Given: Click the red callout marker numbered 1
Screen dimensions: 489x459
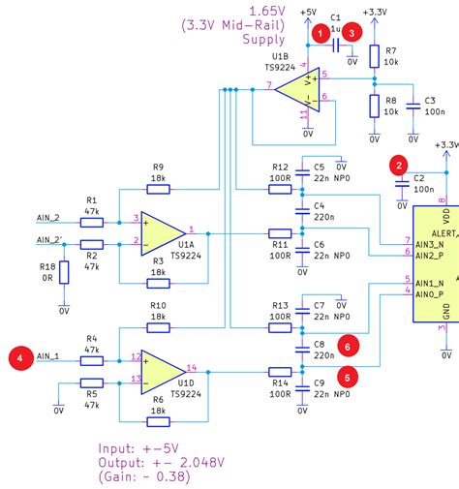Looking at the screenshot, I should tap(320, 33).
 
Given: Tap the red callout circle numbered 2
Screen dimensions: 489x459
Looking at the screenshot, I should tap(397, 166).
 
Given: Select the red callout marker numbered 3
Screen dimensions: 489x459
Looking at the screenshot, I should tap(354, 33).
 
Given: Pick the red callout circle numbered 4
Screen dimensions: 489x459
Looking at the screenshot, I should tap(18, 358).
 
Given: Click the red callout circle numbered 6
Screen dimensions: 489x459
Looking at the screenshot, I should tap(347, 344).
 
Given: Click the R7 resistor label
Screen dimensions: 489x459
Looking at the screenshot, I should tap(390, 48).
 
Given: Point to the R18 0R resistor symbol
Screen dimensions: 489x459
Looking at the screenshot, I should tap(64, 272).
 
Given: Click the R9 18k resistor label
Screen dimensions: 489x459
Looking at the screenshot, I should tap(159, 171).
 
